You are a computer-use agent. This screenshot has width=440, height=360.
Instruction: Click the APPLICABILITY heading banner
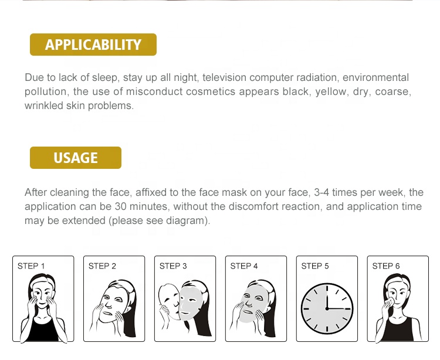(93, 45)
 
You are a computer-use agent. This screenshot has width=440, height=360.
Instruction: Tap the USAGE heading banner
(76, 158)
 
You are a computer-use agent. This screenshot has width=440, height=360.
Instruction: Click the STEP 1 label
(31, 266)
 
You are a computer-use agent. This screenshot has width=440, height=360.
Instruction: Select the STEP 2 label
(102, 266)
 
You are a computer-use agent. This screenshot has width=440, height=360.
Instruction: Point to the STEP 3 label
(173, 266)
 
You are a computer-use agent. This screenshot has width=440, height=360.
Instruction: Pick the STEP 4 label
(244, 266)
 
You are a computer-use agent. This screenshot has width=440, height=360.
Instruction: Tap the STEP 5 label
(315, 266)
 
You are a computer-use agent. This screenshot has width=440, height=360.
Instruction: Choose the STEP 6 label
(386, 266)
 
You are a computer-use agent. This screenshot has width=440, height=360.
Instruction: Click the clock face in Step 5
(327, 308)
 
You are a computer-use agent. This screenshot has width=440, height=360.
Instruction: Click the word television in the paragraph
(224, 77)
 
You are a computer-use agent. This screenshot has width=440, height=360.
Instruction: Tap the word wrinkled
(43, 106)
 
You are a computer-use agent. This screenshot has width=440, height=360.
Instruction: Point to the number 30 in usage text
(121, 206)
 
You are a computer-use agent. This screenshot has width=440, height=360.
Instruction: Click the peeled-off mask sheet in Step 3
(169, 301)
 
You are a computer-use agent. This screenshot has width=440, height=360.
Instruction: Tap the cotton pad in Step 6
(390, 302)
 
